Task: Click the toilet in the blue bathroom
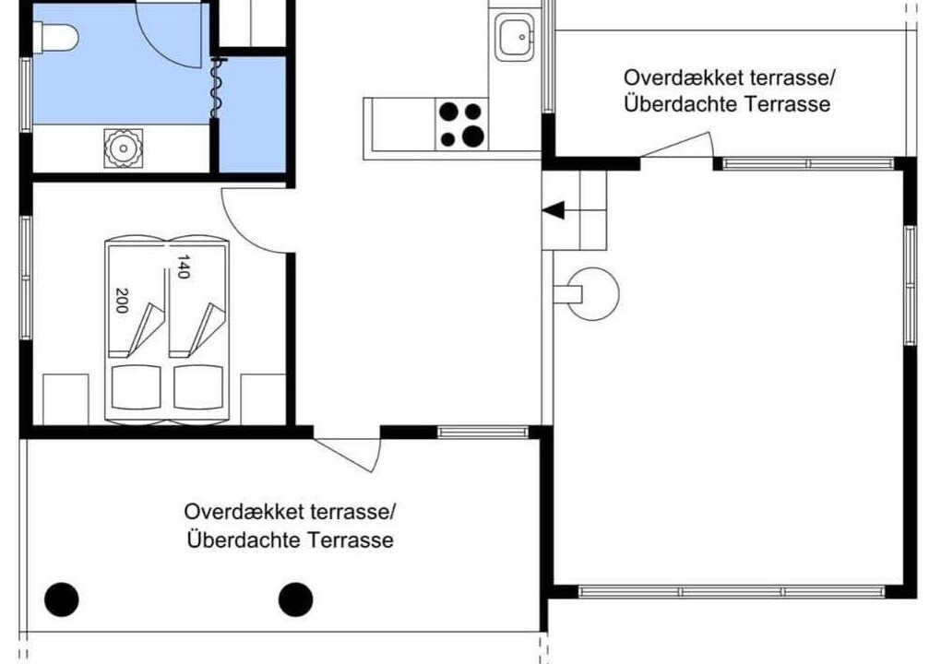[55, 38]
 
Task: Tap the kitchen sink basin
[514, 37]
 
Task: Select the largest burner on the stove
[473, 136]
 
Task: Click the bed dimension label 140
[183, 267]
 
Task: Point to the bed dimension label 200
[121, 301]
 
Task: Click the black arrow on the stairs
[554, 210]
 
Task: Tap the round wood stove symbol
[592, 294]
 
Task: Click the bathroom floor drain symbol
[124, 148]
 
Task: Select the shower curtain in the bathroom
[216, 87]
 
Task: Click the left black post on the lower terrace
[62, 599]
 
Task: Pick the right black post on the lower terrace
[296, 599]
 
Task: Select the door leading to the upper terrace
[677, 146]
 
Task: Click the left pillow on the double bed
[137, 387]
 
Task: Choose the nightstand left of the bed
[66, 399]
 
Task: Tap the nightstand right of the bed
[263, 399]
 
